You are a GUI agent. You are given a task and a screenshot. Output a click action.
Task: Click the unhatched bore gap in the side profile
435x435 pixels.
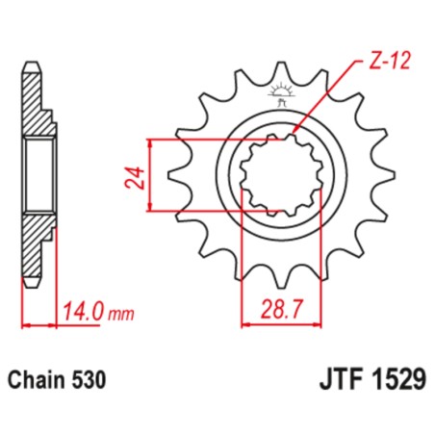pos(37,174)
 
